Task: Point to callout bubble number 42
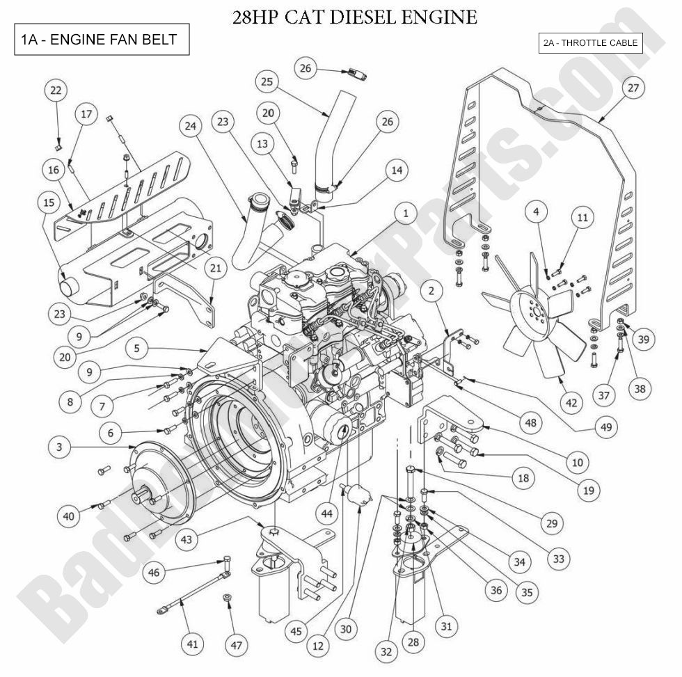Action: click(x=572, y=403)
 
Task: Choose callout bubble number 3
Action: click(x=60, y=447)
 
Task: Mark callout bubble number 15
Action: click(x=48, y=202)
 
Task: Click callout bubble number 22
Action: click(x=56, y=90)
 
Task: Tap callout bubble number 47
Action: click(x=237, y=645)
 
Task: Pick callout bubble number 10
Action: click(x=577, y=461)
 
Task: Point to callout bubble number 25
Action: click(x=266, y=82)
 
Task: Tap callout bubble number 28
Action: click(x=413, y=642)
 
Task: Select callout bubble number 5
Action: click(x=137, y=347)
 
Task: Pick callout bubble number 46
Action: click(x=154, y=573)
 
